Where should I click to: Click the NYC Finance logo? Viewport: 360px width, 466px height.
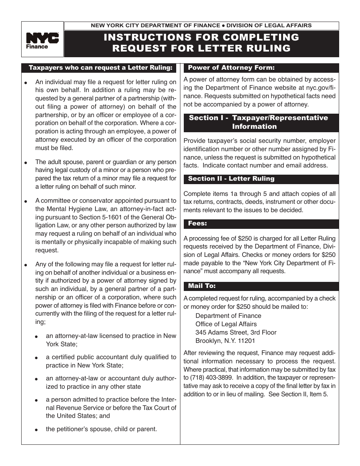pyautogui.click(x=42, y=40)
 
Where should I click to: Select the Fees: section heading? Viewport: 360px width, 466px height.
pyautogui.click(x=197, y=224)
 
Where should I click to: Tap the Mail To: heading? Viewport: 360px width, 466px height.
pyautogui.click(x=202, y=286)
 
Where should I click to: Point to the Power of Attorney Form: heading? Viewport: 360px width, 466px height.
pyautogui.click(x=231, y=68)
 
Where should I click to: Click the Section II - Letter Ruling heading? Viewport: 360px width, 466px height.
pyautogui.click(x=231, y=178)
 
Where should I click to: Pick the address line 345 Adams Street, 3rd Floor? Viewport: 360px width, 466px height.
pyautogui.click(x=236, y=332)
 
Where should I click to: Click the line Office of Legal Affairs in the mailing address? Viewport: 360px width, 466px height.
pyautogui.click(x=226, y=324)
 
